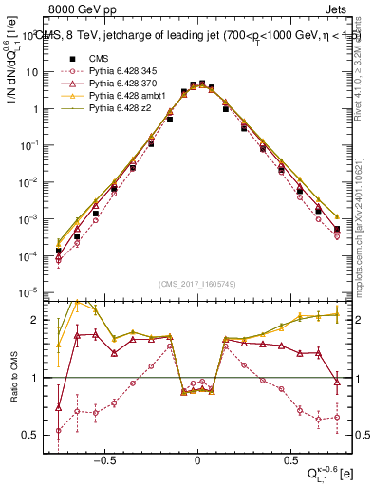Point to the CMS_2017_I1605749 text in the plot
tap(196, 283)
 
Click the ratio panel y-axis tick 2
tap(37, 320)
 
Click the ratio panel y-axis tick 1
tap(37, 378)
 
